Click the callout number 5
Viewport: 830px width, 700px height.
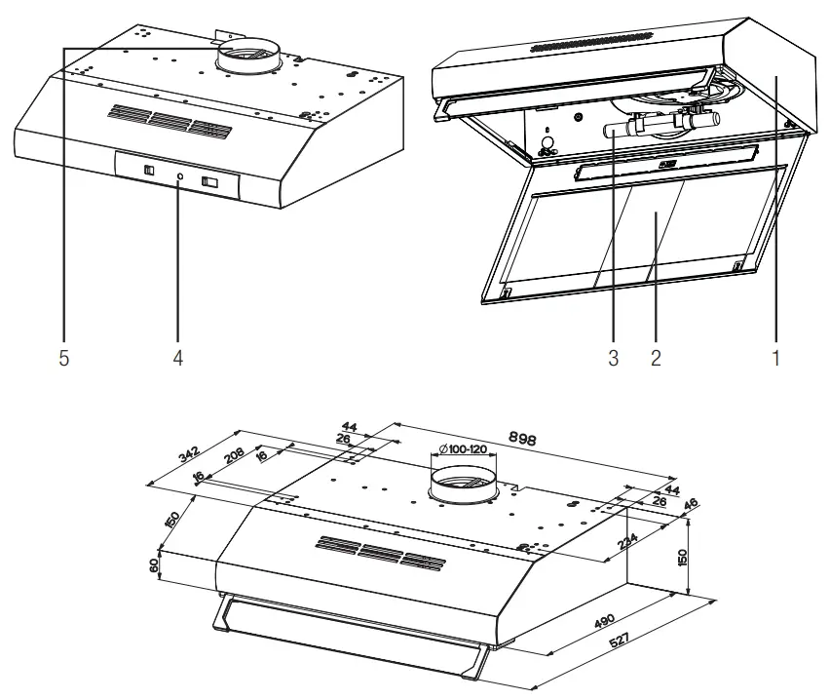(63, 358)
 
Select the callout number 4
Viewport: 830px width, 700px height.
(178, 358)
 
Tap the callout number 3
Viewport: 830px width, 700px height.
(613, 358)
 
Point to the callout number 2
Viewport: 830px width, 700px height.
(656, 358)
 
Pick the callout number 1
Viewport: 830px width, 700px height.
(776, 358)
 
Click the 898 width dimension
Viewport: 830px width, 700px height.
(522, 439)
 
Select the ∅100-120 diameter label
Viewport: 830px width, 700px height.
(463, 448)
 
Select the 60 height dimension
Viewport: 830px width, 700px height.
(155, 565)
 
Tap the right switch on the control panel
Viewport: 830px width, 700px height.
(209, 181)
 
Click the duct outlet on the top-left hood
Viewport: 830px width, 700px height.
(248, 55)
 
